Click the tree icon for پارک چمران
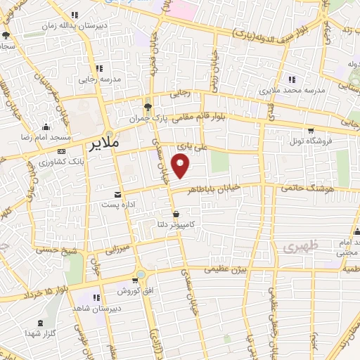[147, 108]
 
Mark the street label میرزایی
[118, 249]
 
